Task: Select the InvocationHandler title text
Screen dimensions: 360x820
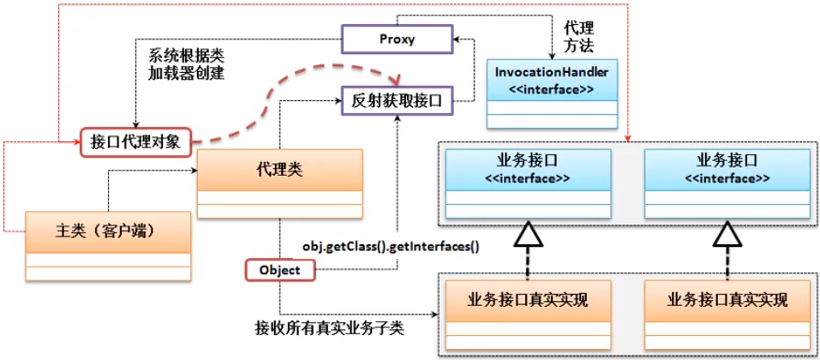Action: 551,73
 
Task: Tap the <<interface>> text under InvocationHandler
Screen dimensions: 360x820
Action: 551,89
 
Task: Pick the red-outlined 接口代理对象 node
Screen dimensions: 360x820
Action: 135,141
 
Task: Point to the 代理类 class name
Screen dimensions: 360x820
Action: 279,169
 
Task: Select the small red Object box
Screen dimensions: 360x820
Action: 279,270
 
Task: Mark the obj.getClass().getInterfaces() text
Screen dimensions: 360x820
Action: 390,247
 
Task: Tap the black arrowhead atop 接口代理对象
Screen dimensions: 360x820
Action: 135,125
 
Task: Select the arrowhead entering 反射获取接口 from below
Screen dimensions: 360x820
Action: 397,118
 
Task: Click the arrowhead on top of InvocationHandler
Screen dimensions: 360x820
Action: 551,55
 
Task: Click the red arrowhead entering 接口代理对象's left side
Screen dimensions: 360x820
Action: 78,142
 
